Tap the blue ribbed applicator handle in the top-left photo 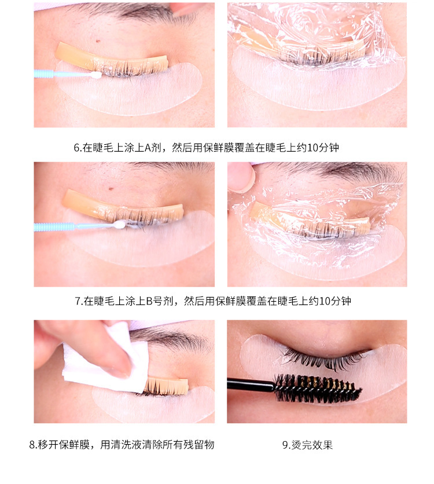click(x=44, y=74)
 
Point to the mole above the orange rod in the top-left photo click(x=98, y=41)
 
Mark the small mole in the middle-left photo click(x=111, y=189)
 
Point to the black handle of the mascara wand click(x=251, y=384)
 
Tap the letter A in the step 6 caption click(x=148, y=148)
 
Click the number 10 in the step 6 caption click(x=313, y=148)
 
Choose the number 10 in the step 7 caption click(x=325, y=300)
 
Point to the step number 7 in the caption click(x=78, y=300)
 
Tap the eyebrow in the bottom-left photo click(x=173, y=339)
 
